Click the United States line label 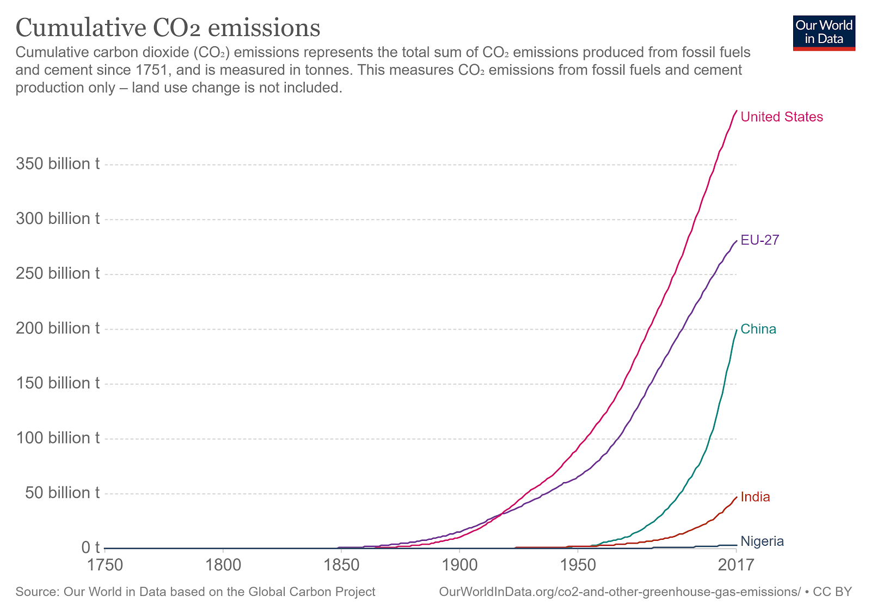pyautogui.click(x=782, y=117)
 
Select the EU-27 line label pyautogui.click(x=760, y=240)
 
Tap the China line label pyautogui.click(x=758, y=329)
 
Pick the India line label pyautogui.click(x=755, y=497)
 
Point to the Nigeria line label pyautogui.click(x=762, y=541)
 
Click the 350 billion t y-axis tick pyautogui.click(x=58, y=164)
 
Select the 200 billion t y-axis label pyautogui.click(x=58, y=328)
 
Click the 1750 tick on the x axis pyautogui.click(x=105, y=564)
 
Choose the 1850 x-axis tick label pyautogui.click(x=341, y=564)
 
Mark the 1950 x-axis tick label pyautogui.click(x=578, y=564)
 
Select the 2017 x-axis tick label pyautogui.click(x=736, y=564)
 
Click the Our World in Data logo pyautogui.click(x=824, y=33)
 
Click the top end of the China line pyautogui.click(x=737, y=330)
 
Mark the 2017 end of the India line pyautogui.click(x=737, y=497)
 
